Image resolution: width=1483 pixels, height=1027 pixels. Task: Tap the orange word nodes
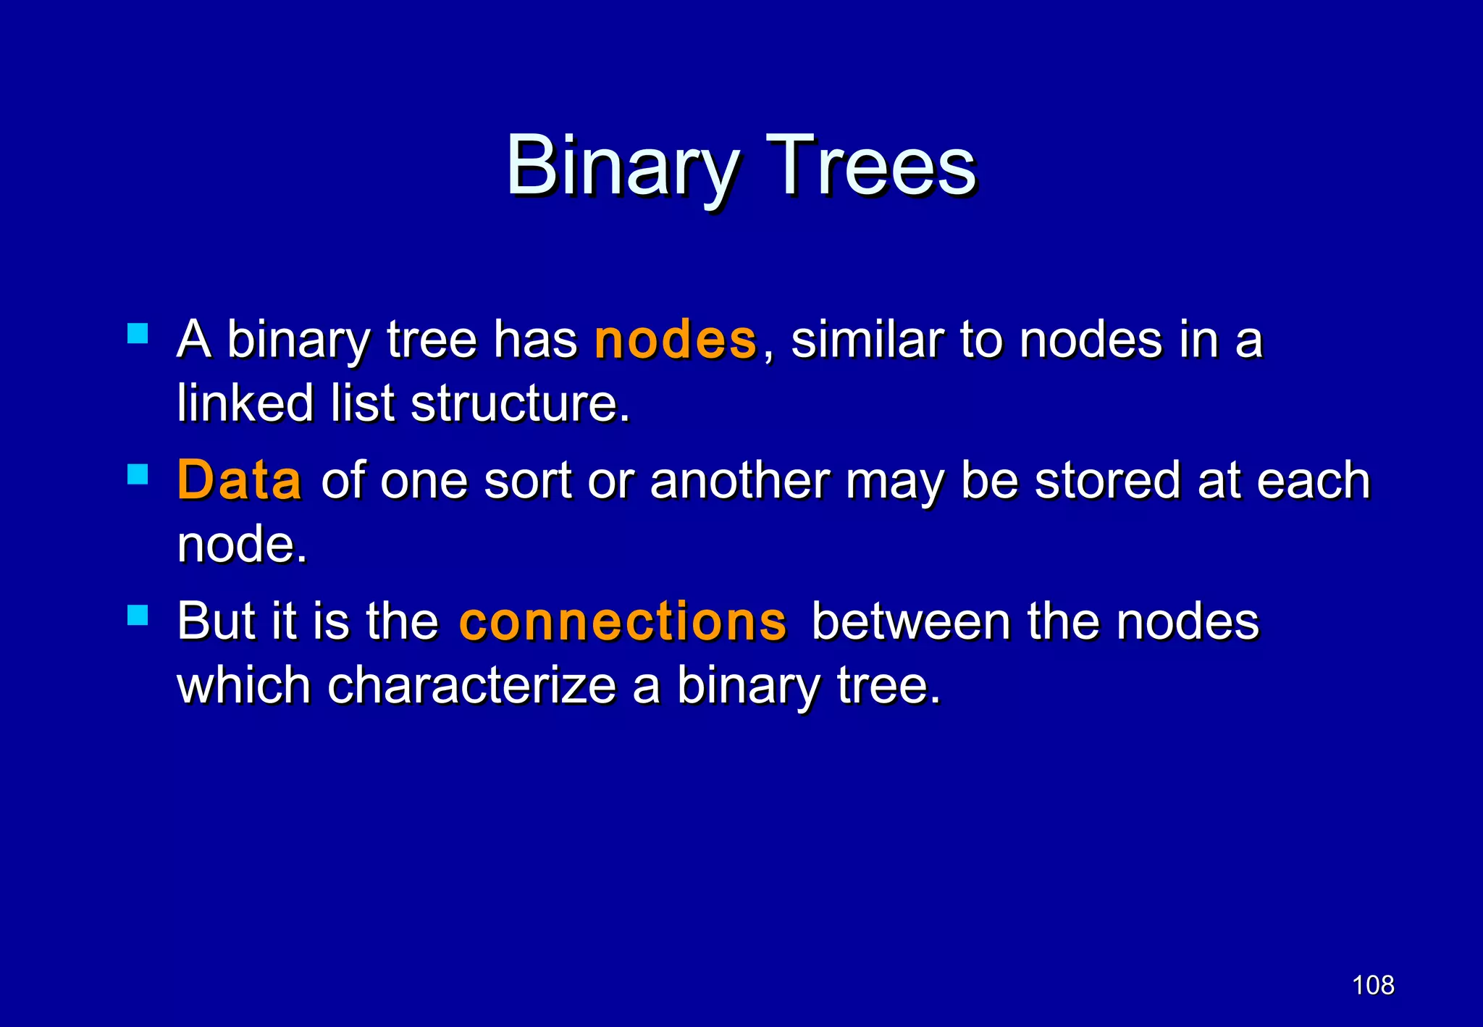pos(675,340)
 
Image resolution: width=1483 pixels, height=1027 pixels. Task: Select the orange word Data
pos(239,481)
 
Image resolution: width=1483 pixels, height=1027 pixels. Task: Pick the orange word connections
pos(623,621)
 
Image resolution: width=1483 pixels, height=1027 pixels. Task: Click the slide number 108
pos(1373,985)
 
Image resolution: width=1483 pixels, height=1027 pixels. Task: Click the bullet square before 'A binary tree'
pos(138,334)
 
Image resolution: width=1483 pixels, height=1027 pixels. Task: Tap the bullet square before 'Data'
pos(138,474)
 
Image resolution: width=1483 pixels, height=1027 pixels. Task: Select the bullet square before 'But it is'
pos(138,616)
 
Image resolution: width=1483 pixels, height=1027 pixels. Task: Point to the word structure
pos(519,403)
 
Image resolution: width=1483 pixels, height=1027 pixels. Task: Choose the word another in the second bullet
pos(739,481)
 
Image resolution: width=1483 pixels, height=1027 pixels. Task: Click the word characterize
pos(471,685)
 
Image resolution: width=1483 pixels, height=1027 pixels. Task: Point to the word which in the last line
pos(244,685)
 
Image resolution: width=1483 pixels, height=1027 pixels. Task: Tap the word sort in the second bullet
pos(528,481)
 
